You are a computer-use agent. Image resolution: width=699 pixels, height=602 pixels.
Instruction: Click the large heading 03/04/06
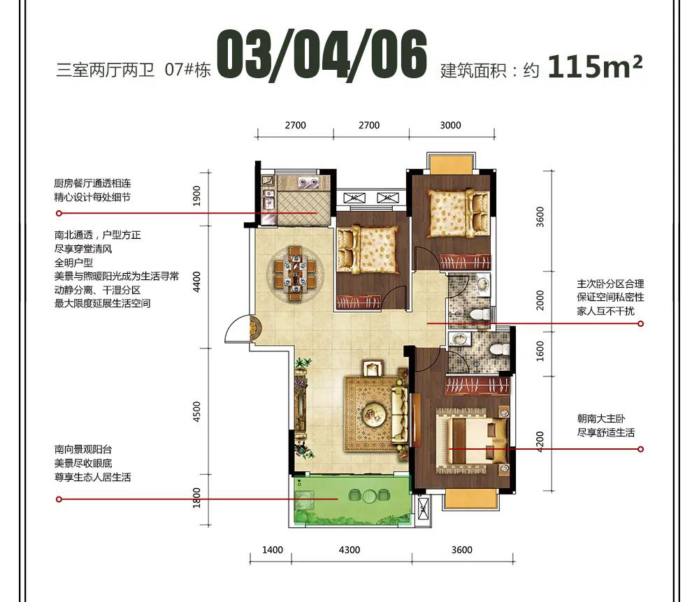pos(322,56)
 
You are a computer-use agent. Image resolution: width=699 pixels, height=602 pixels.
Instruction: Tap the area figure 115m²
pos(595,66)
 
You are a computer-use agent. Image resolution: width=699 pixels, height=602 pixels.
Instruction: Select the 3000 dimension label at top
pos(450,125)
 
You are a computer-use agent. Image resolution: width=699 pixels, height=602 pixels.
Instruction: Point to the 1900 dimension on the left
pos(196,196)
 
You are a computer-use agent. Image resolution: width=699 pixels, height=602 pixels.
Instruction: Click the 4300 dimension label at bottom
pos(349,550)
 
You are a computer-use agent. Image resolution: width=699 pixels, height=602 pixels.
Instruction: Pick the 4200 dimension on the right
pos(540,441)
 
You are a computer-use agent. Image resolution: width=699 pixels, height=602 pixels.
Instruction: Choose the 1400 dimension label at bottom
pos(273,550)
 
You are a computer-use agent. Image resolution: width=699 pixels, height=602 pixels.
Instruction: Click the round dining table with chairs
pos(295,272)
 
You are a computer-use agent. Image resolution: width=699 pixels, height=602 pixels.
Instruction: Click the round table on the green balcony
pos(370,496)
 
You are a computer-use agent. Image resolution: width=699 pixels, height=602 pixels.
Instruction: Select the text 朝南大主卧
pos(601,418)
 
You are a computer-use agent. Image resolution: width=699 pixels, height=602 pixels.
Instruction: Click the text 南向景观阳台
pos(83,449)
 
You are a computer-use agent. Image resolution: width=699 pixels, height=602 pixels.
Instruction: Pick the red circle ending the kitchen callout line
pos(59,213)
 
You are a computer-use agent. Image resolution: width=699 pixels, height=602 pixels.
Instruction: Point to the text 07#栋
pos(187,70)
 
